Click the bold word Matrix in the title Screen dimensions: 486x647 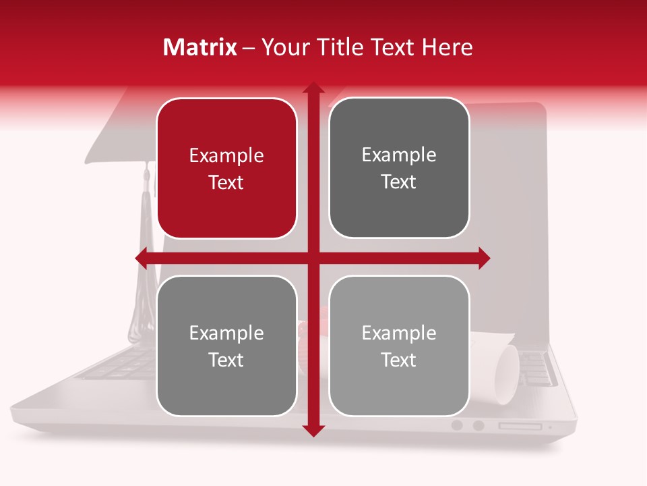200,47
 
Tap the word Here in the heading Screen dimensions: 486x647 447,47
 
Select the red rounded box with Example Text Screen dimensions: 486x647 226,169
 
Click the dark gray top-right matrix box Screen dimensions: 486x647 399,168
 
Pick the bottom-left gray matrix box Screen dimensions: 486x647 226,346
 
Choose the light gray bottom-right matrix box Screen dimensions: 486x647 399,346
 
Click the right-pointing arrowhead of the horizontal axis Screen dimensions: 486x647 484,258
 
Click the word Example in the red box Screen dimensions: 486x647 226,156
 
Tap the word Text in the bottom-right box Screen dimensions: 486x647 399,360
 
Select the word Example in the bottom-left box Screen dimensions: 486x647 226,333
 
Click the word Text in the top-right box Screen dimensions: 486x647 399,182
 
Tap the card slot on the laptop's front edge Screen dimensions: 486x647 520,426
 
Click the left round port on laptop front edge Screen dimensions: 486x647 458,425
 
